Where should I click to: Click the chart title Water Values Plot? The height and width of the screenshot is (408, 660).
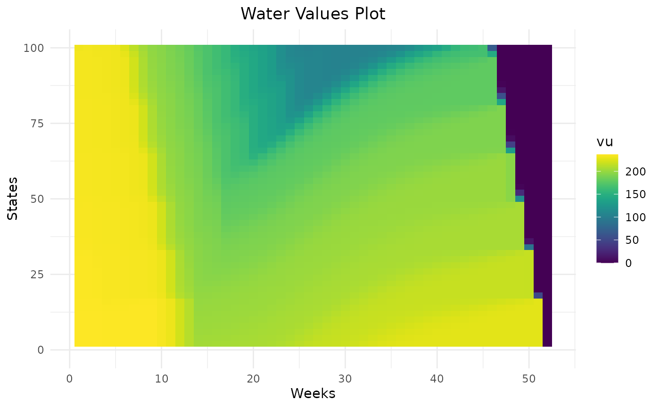point(313,14)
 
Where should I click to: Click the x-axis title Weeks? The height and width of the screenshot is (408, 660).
point(313,393)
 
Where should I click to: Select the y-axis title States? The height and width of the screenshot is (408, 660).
point(13,198)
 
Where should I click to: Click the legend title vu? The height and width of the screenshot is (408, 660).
point(604,142)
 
